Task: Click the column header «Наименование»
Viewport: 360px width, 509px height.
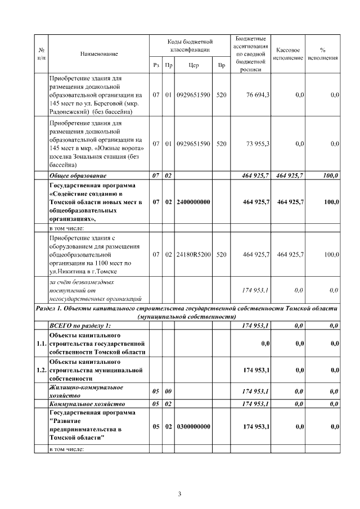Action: click(x=98, y=53)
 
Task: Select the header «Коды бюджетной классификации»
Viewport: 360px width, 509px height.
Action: click(x=190, y=46)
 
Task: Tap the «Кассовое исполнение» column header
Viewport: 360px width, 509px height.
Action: click(x=289, y=53)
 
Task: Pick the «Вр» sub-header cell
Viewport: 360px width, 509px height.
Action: click(x=221, y=65)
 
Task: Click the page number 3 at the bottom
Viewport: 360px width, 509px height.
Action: click(x=179, y=494)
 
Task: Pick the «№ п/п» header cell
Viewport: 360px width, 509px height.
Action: click(x=40, y=53)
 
